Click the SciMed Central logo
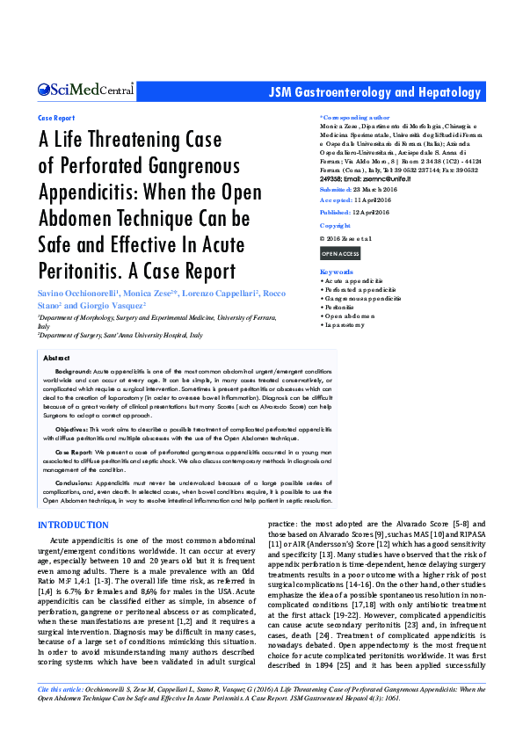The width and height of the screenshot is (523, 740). click(85, 90)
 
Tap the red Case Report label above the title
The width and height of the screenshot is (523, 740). click(56, 117)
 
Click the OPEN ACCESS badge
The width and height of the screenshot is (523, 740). click(339, 253)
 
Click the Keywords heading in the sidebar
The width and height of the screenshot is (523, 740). click(337, 272)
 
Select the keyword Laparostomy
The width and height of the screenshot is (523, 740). click(345, 324)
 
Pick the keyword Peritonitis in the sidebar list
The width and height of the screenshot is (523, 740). click(342, 307)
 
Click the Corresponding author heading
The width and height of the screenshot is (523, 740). click(354, 117)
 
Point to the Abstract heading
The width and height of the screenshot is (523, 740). click(56, 359)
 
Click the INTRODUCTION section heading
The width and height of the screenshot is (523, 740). click(73, 525)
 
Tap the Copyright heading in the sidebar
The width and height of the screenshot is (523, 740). click(335, 226)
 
